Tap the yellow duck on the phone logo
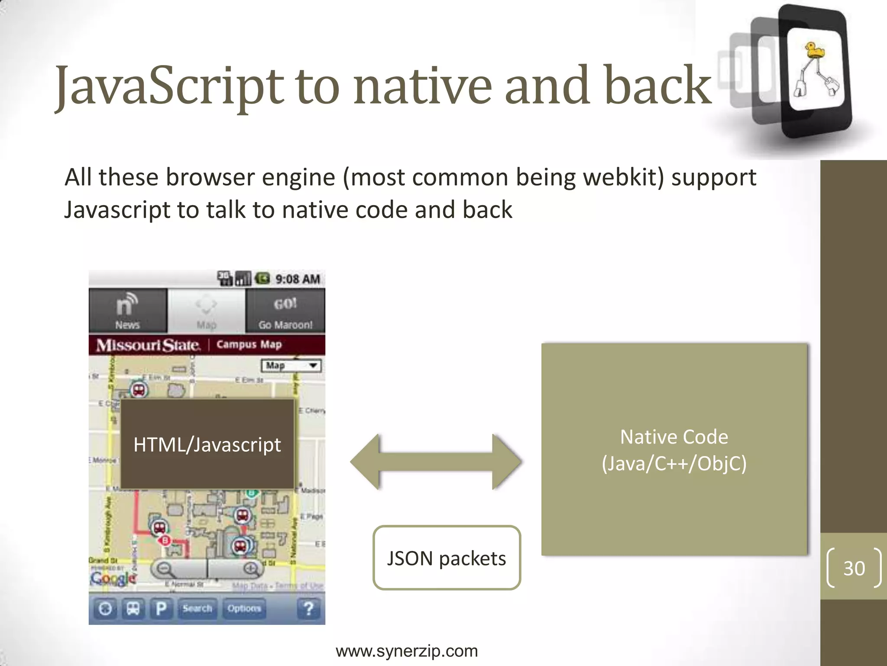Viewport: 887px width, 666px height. point(814,51)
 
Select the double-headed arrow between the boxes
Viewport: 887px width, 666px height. point(436,462)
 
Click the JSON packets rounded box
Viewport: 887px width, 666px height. point(447,558)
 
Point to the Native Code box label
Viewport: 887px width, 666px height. point(674,450)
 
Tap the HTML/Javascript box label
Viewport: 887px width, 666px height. point(207,445)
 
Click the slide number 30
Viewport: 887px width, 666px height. point(854,568)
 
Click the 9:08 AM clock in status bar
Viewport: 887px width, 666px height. point(298,279)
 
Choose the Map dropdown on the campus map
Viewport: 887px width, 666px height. point(291,366)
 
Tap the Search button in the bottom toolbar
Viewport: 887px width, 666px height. point(197,608)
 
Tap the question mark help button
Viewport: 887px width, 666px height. point(309,608)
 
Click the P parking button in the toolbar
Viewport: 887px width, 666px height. point(161,608)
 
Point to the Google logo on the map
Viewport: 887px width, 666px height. point(113,578)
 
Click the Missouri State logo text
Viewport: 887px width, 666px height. point(148,345)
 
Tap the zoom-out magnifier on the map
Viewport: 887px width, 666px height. point(165,568)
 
